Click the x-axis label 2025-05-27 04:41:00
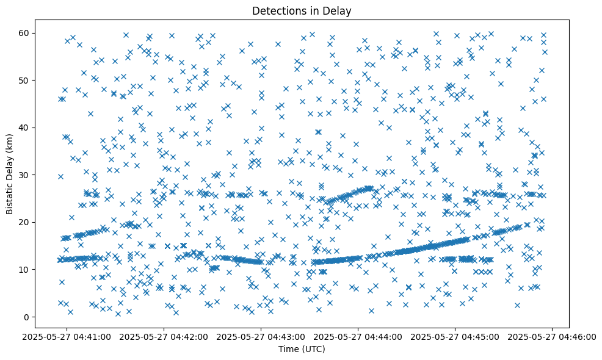click(x=68, y=336)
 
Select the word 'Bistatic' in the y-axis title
click(x=10, y=196)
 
